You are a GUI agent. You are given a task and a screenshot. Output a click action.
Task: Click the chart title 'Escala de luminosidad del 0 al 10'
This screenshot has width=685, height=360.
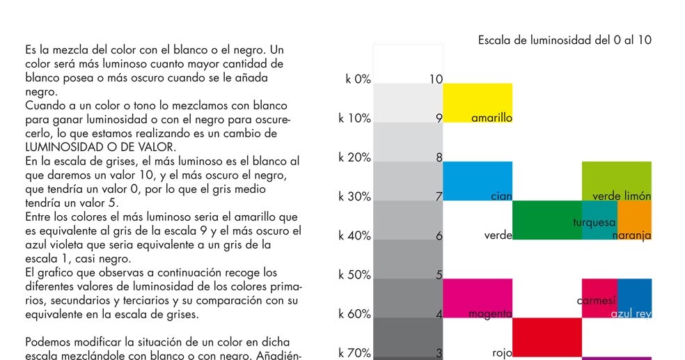click(565, 40)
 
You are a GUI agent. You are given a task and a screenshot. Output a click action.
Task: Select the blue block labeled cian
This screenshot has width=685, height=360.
click(478, 180)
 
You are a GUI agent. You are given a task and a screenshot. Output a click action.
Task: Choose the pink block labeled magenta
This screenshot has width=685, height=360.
click(478, 298)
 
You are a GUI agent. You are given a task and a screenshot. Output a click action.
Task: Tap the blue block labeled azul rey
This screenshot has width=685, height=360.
click(634, 298)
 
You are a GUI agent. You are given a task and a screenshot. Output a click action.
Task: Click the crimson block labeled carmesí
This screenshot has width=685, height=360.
click(599, 298)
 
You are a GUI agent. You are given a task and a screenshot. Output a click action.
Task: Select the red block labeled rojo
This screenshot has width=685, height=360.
click(546, 337)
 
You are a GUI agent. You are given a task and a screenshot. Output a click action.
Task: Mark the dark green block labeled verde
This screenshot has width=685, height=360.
click(546, 220)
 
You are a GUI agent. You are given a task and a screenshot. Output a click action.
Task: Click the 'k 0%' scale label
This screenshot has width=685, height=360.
click(358, 79)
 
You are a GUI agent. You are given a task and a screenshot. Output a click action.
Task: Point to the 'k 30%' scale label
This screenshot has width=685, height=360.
click(354, 196)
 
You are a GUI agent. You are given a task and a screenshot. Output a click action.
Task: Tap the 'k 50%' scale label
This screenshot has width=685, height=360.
click(354, 274)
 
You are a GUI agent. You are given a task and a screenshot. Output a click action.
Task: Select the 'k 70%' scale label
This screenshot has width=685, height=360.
click(354, 353)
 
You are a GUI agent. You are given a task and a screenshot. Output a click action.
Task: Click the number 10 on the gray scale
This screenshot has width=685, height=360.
click(436, 79)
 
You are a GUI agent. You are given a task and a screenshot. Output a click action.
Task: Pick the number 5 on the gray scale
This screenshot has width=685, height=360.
click(439, 274)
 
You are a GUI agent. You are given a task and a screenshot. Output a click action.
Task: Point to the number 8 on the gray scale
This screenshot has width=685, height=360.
click(439, 157)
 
